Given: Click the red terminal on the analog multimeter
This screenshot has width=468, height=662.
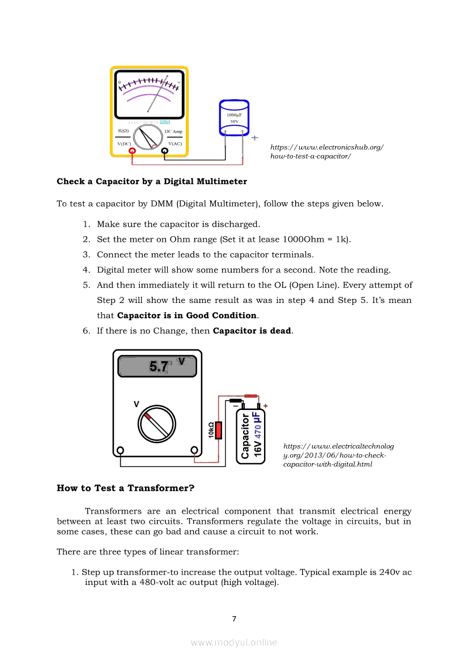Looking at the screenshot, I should point(132,151).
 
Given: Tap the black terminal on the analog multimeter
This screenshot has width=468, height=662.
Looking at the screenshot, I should point(165,151).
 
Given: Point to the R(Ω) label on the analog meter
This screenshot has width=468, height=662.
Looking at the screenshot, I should point(123,131).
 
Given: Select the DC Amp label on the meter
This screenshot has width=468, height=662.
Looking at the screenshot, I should point(173,131).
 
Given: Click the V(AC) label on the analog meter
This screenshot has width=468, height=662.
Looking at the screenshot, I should point(175,144).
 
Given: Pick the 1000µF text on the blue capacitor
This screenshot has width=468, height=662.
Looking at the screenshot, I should point(234,115).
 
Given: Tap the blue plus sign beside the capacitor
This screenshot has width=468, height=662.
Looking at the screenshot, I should point(254,137).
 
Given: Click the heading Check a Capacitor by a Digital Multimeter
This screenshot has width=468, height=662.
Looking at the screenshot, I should point(152,182).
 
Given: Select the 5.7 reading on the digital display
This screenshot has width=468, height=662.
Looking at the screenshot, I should point(159,367).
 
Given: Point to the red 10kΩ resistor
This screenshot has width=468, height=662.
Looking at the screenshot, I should point(219,430).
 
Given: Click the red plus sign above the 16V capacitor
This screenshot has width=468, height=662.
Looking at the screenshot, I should point(266,405).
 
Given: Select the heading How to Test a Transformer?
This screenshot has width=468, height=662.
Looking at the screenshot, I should point(125,488).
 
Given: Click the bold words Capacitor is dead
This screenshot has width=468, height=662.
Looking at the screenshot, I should point(252,331).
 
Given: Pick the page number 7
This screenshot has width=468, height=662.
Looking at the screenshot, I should point(234,618).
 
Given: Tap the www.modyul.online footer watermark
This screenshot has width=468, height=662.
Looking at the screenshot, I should point(234,642).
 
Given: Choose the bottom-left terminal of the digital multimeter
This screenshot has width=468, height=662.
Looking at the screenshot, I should point(120,451).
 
